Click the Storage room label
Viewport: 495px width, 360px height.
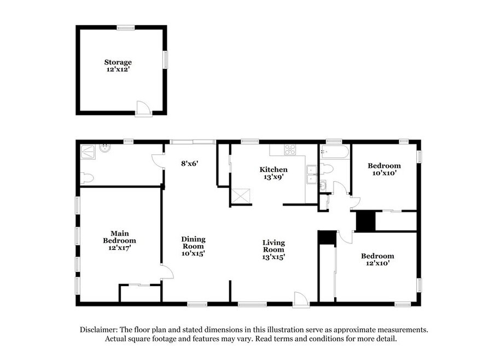[x=118, y=62]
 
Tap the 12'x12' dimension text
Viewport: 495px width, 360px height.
[x=118, y=69]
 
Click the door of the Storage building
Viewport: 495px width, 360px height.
[x=143, y=109]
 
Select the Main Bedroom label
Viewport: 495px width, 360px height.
[x=119, y=237]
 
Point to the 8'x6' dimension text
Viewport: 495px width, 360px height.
[x=189, y=164]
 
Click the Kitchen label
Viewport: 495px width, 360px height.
[x=273, y=170]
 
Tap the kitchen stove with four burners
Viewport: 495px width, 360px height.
[x=290, y=150]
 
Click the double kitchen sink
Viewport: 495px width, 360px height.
[x=312, y=175]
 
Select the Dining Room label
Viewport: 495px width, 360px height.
[x=193, y=242]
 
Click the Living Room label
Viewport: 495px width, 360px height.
[x=273, y=246]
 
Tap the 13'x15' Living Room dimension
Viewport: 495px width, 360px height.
[x=273, y=257]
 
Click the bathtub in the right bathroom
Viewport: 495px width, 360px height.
[x=334, y=152]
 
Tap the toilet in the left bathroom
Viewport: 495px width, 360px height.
[x=87, y=178]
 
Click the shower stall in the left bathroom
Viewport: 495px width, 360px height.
[x=88, y=152]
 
